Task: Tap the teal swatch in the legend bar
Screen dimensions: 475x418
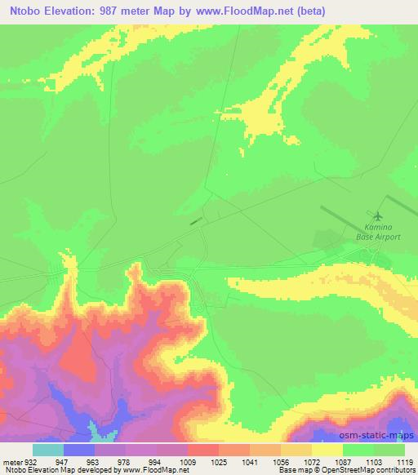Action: tap(48, 449)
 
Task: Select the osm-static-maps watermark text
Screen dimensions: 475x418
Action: tap(376, 433)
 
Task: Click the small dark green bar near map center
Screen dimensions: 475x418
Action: tap(194, 220)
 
